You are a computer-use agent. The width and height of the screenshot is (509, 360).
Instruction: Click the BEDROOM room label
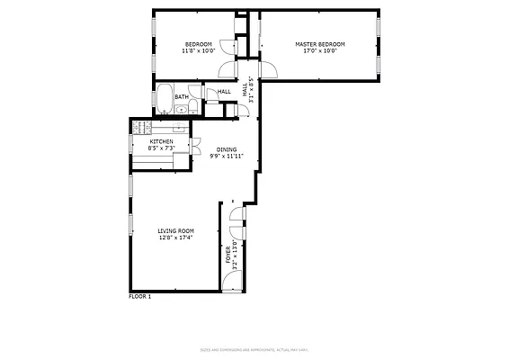click(x=198, y=44)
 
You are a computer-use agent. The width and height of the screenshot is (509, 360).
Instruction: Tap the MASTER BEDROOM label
click(x=320, y=44)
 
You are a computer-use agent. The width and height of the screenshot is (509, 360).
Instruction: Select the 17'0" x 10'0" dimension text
click(x=320, y=51)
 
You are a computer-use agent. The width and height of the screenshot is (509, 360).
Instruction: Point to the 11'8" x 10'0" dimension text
click(x=198, y=51)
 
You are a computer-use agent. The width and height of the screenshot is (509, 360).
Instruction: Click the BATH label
click(x=182, y=97)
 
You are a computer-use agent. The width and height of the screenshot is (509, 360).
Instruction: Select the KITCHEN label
click(x=161, y=141)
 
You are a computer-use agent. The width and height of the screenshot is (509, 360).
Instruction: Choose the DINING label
click(x=227, y=149)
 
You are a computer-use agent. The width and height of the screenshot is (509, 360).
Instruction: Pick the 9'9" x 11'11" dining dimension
click(x=227, y=157)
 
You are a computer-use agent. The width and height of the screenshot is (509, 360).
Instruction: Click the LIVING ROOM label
click(x=176, y=231)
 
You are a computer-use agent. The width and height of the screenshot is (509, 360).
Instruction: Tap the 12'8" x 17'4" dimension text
click(x=176, y=238)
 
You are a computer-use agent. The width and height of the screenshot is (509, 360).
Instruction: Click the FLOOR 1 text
click(x=139, y=296)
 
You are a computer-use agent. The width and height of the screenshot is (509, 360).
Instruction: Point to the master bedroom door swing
click(x=269, y=70)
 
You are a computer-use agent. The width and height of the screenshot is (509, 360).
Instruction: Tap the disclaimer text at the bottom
click(x=254, y=350)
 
